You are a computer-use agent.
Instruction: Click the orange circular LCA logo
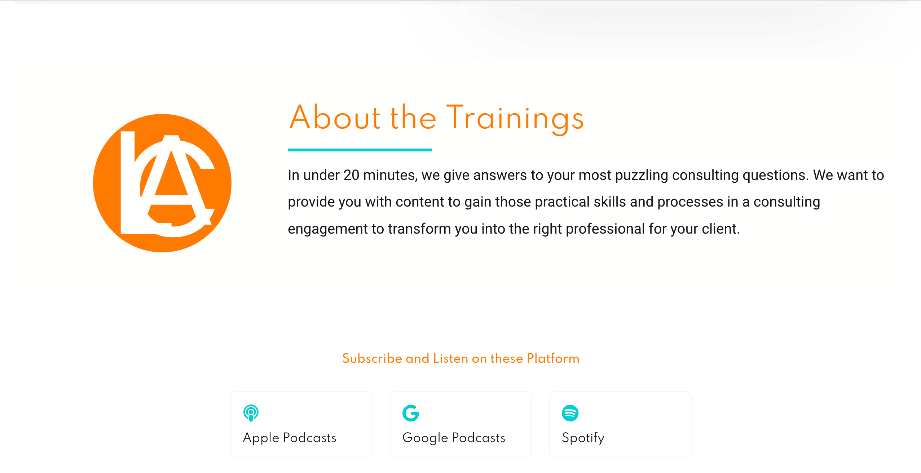[x=162, y=183]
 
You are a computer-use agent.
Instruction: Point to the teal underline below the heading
[x=360, y=150]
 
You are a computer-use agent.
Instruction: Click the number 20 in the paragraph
[x=352, y=175]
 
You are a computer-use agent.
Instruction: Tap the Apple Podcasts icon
[x=251, y=413]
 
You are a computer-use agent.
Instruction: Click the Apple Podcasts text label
[x=290, y=438]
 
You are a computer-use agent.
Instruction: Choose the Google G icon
[x=411, y=413]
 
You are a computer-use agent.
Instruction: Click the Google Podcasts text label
[x=454, y=438]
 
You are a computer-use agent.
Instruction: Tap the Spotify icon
[x=570, y=413]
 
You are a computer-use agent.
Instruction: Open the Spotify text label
[x=583, y=438]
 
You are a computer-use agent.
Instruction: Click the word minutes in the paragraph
[x=391, y=176]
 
